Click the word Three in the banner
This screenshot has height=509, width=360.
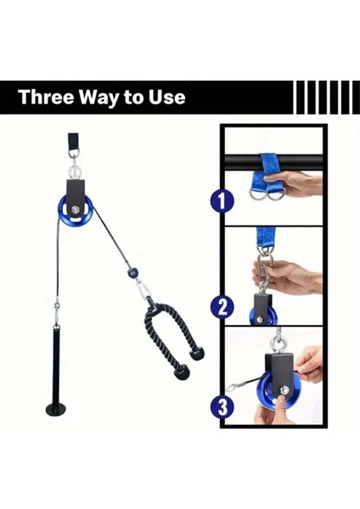pos(46,97)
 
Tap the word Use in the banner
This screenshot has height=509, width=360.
pos(167,97)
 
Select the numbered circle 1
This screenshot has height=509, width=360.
pos(222,200)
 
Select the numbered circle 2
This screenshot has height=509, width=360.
pos(222,307)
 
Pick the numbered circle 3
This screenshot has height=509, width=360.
pos(222,406)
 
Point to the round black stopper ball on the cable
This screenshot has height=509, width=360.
pos(132,271)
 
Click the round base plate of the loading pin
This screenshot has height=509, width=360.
pos(58,407)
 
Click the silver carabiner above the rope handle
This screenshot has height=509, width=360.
pos(144,289)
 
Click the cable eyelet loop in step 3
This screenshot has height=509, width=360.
pos(231,387)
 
